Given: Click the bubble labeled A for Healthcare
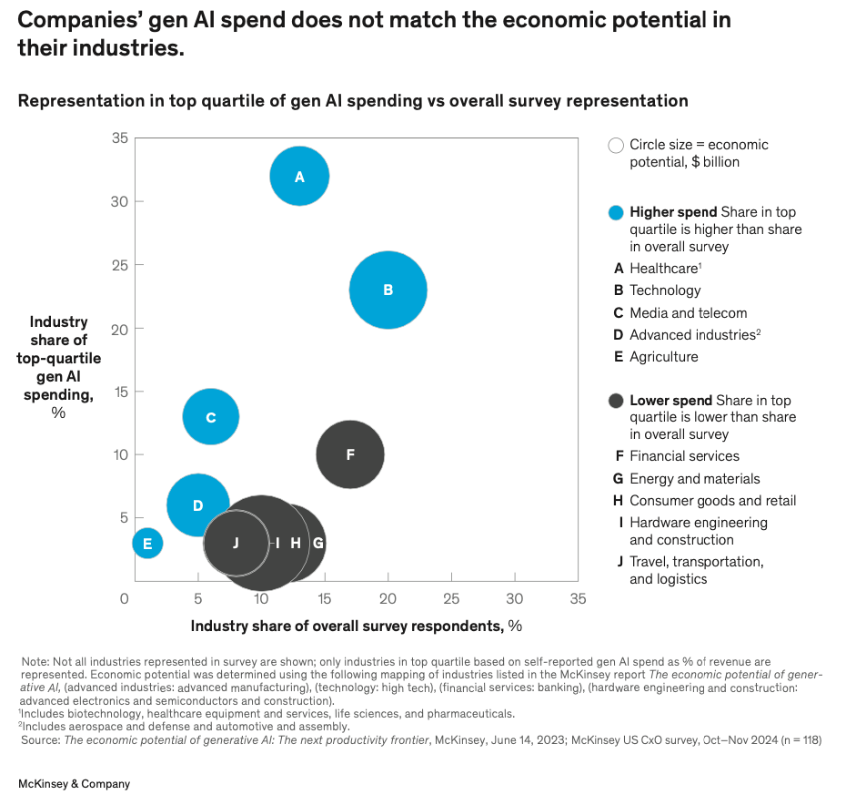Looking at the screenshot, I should tap(299, 177).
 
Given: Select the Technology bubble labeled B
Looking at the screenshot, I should tap(388, 290).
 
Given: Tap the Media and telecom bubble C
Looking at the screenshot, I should tap(211, 417).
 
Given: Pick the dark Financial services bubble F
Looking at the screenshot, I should tap(350, 454).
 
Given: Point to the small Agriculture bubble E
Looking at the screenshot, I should tap(147, 544).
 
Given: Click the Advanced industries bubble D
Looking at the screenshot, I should tap(197, 505).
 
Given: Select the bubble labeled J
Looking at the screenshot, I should tap(236, 543).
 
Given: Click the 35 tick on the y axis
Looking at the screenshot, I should tap(120, 138).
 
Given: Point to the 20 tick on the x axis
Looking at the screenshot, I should tap(388, 598).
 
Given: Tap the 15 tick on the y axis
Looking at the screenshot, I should tap(120, 392).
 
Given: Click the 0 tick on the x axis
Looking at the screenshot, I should tap(125, 598).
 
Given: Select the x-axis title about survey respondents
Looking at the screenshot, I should tap(356, 626).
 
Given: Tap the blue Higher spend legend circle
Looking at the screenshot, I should tap(616, 213).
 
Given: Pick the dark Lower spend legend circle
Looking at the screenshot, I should tap(616, 401).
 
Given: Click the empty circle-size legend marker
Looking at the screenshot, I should tap(616, 145).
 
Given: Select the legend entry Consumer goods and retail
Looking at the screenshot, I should tap(711, 500).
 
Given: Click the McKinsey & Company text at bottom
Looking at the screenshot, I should tap(74, 783).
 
